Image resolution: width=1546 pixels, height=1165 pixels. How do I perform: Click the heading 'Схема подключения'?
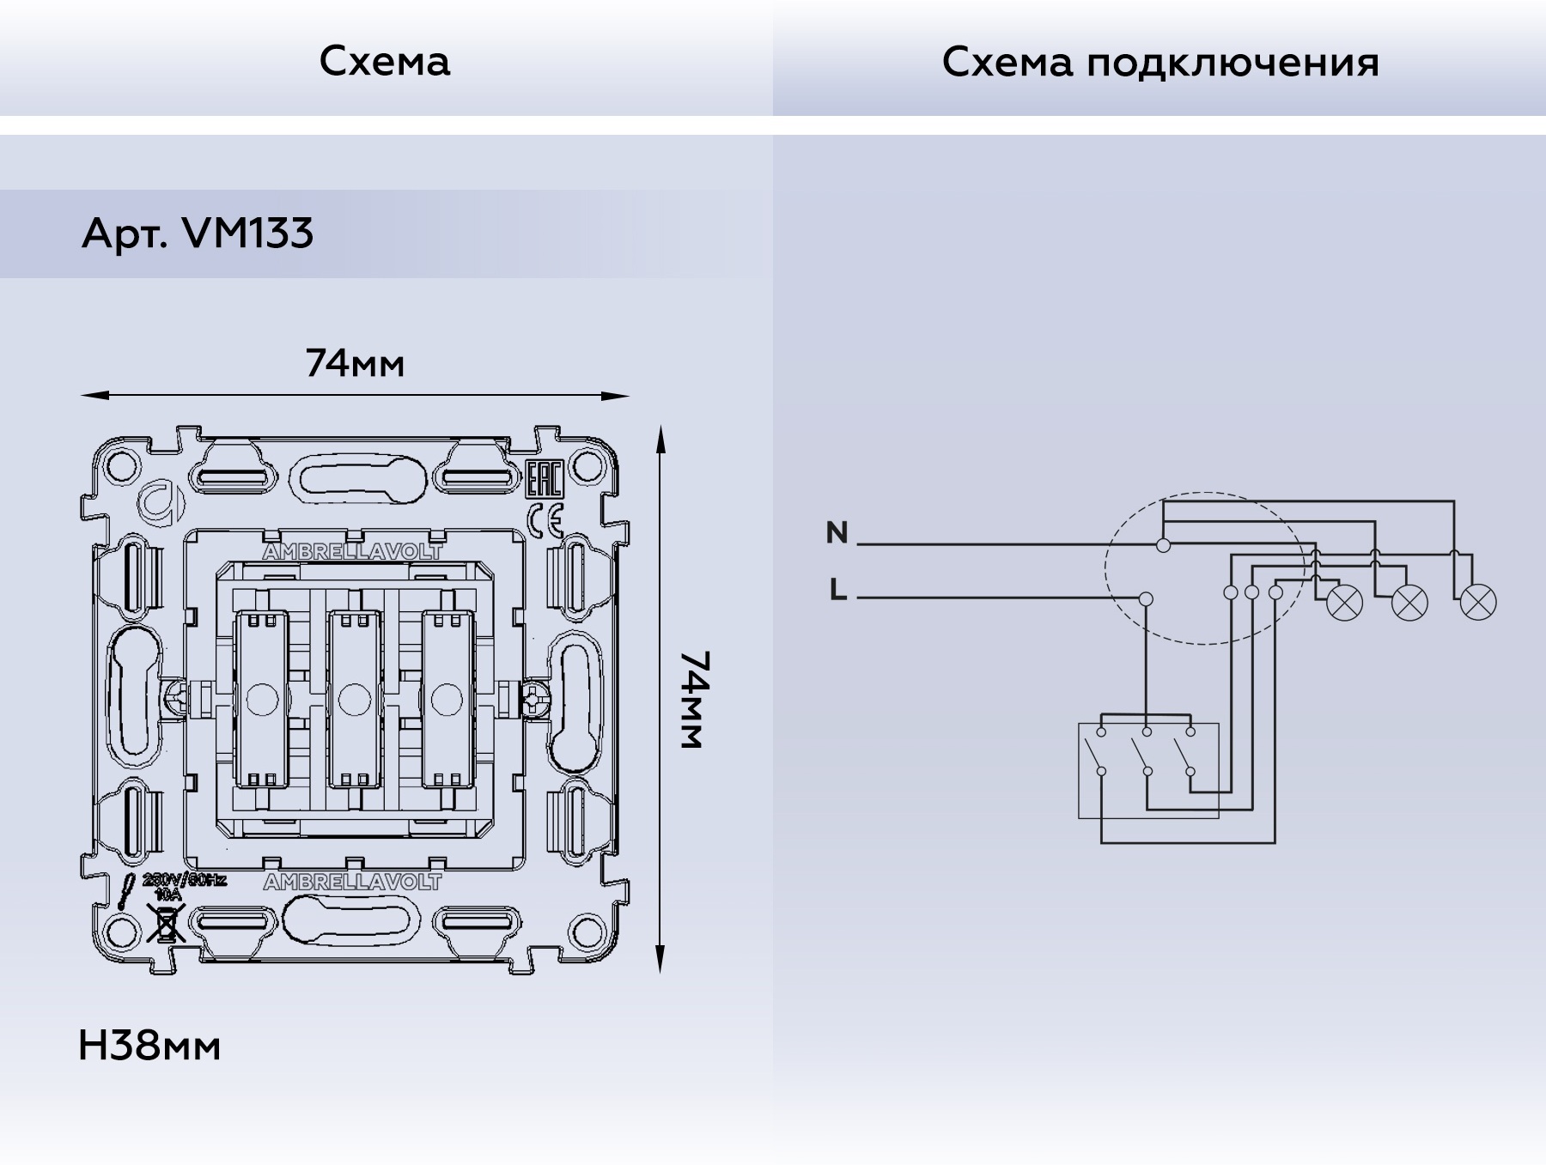coord(1159,63)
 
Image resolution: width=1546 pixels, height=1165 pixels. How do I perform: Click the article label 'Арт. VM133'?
coord(198,233)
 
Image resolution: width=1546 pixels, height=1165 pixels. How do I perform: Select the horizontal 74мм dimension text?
coord(355,364)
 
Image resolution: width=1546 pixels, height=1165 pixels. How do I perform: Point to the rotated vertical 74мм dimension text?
coord(694,700)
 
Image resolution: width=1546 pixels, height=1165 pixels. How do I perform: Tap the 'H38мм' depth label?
coord(149,1046)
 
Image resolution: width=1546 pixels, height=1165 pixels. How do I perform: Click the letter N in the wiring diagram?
coord(837,533)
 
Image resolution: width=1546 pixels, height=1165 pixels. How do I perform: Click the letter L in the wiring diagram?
coord(838,591)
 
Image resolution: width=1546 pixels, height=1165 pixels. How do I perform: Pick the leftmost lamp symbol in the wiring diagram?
coord(1344,602)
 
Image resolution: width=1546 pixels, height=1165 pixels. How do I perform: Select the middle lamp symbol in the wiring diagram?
coord(1409,602)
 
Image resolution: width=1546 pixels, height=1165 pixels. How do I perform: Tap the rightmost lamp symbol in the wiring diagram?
coord(1477,602)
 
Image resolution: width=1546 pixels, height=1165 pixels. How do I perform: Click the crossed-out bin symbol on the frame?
coord(166,925)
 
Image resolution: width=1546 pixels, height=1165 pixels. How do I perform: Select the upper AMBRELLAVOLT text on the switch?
coord(352,552)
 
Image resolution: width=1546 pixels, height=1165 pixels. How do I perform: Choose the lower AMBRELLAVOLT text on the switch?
coord(352,882)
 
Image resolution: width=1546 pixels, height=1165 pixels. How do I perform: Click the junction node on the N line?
coord(1163,545)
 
